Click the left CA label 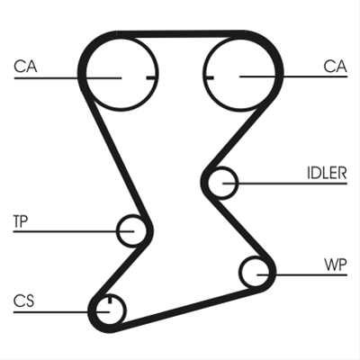[x=25, y=67]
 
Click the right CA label [x=335, y=67]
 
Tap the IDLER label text [x=327, y=173]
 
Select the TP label [x=21, y=221]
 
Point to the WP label [x=336, y=265]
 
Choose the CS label [x=23, y=301]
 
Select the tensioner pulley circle [x=116, y=231]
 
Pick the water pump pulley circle [x=239, y=272]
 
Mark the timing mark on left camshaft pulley [x=152, y=78]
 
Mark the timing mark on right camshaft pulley [x=209, y=78]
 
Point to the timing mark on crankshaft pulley [x=110, y=299]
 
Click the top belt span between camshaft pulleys [x=181, y=34]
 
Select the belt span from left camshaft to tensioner [x=116, y=157]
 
